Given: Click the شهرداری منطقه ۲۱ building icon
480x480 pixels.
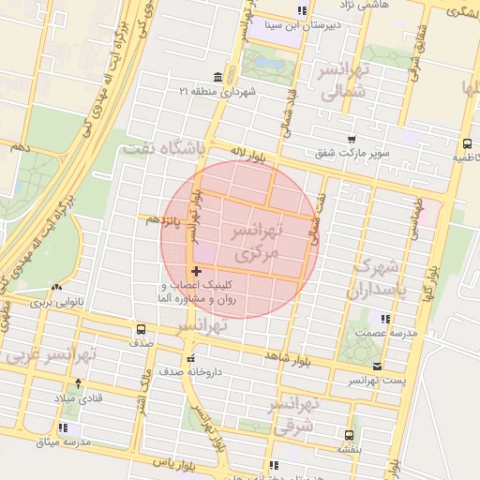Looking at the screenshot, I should (218, 77).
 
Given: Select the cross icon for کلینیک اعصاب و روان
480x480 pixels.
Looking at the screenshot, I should (195, 271).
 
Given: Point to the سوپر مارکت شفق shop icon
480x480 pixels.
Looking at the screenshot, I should (351, 139).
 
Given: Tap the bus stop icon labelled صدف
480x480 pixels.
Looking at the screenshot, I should (141, 329).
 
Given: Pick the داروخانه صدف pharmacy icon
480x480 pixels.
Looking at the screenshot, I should (190, 358).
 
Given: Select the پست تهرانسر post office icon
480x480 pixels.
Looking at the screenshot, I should (377, 366).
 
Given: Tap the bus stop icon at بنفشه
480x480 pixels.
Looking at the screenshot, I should (349, 435).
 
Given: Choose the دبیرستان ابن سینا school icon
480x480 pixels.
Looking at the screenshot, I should (301, 11).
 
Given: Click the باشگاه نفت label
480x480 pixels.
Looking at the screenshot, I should (169, 146).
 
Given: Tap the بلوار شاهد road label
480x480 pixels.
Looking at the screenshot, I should (287, 357).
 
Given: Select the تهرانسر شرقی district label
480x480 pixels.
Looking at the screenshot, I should (293, 414).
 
